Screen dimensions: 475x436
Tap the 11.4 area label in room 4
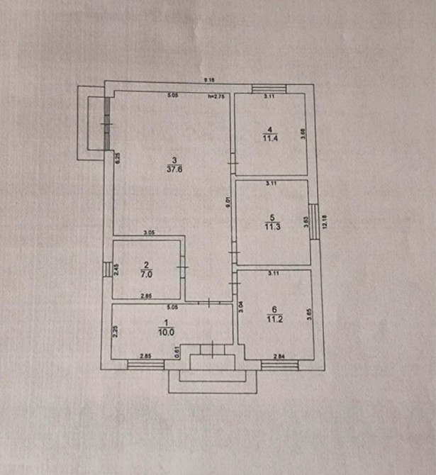point(269,139)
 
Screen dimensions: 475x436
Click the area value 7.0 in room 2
point(147,272)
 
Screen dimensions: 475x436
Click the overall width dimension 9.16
point(211,80)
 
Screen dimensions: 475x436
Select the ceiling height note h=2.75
point(216,96)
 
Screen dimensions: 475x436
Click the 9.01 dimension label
point(228,203)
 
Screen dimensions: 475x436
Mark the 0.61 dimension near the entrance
point(177,349)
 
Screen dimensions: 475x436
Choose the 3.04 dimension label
point(241,306)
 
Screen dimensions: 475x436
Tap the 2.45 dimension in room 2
point(117,270)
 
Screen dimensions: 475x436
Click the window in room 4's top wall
point(269,89)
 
